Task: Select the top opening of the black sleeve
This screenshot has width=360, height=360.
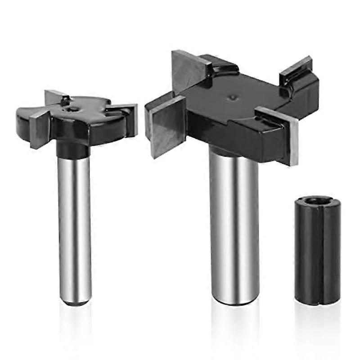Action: (x=317, y=201)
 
